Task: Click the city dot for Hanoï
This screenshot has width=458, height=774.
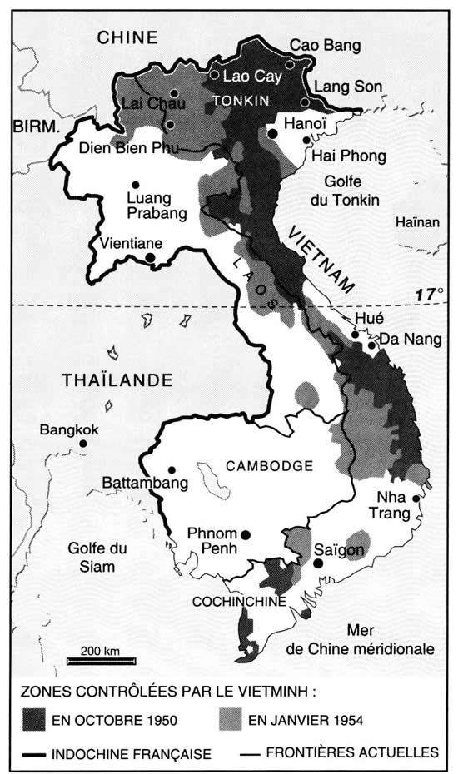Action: point(272,133)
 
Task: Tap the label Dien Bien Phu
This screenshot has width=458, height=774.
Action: point(124,151)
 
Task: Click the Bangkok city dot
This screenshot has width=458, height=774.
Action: point(83,444)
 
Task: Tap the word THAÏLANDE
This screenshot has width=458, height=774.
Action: point(117,380)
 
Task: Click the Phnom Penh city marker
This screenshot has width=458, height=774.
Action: point(245,534)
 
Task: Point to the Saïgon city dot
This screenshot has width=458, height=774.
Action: point(317,563)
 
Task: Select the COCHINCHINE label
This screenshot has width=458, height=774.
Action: point(239,601)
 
